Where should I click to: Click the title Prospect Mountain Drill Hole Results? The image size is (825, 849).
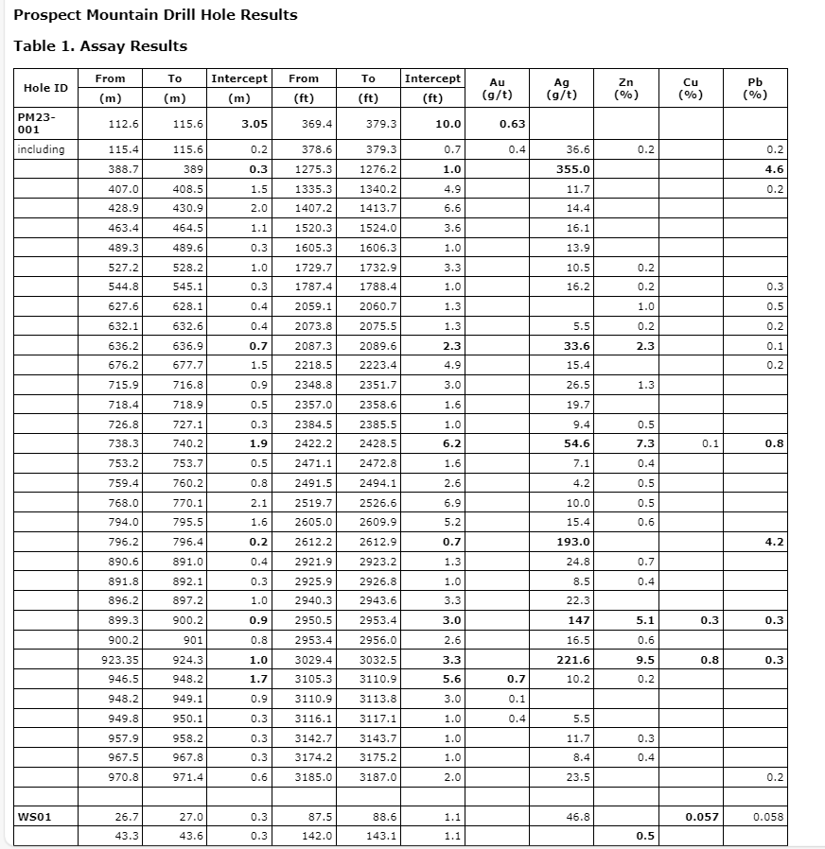(155, 15)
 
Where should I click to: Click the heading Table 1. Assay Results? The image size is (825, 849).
(100, 46)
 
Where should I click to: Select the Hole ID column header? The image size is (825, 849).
(45, 88)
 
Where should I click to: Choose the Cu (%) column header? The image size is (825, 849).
(691, 88)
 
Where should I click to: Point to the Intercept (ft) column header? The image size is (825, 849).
(432, 88)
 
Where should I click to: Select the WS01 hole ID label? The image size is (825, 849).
(33, 816)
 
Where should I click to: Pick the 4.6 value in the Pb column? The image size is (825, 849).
(775, 169)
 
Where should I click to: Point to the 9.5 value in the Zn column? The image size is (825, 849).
(645, 660)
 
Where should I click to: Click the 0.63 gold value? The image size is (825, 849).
(512, 124)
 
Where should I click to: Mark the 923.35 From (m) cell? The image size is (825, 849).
(120, 660)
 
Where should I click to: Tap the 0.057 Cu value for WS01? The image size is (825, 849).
(701, 816)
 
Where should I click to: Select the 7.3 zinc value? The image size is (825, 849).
(645, 443)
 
